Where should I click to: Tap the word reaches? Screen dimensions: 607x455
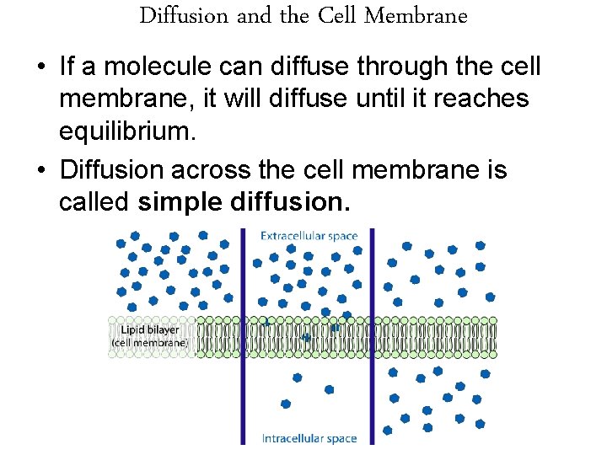pyautogui.click(x=482, y=99)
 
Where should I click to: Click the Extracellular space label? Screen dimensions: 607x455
pyautogui.click(x=309, y=237)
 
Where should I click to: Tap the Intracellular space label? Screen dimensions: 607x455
pyautogui.click(x=309, y=438)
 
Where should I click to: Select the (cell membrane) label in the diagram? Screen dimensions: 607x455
pyautogui.click(x=149, y=343)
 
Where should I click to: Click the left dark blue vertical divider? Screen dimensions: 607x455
pyautogui.click(x=244, y=337)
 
